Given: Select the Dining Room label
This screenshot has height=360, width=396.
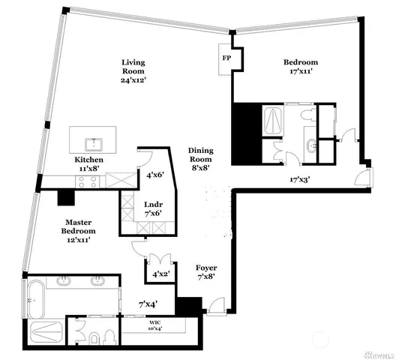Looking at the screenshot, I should coord(200,159).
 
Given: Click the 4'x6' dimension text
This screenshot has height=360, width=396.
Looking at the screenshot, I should coord(155,175).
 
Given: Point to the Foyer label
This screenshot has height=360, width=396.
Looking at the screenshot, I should coord(206,271).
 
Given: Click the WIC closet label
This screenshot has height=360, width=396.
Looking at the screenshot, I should coord(155,322).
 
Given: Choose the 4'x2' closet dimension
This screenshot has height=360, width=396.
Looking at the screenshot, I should coord(160,275).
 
